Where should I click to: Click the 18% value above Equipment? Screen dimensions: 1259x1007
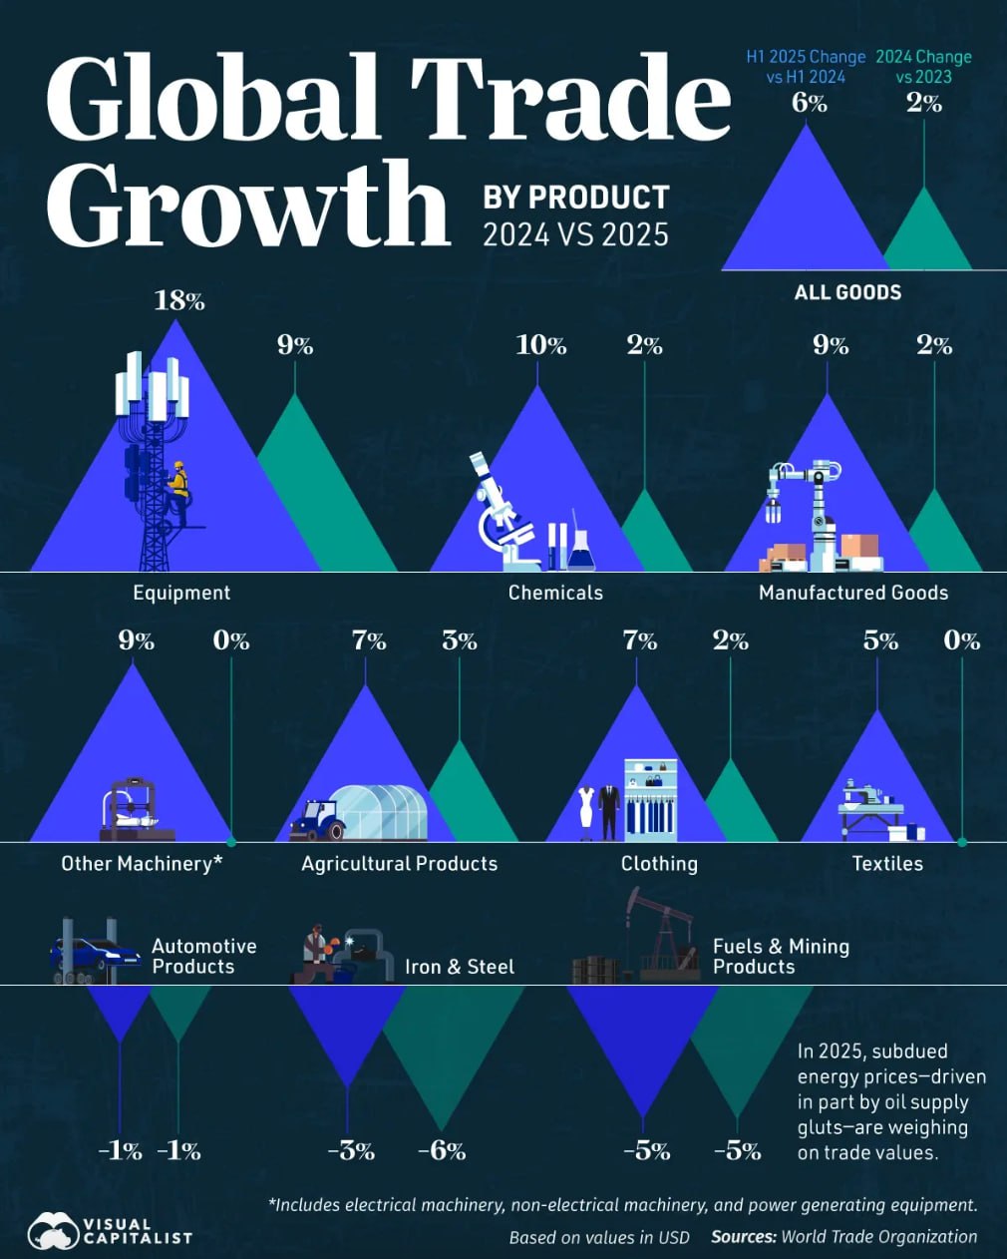pos(179,300)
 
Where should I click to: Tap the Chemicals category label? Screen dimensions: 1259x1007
pos(555,593)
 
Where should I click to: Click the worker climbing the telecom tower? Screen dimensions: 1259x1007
pos(179,489)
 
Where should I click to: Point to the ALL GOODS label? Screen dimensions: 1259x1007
pos(847,292)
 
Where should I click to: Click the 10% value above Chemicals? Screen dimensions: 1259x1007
pos(540,345)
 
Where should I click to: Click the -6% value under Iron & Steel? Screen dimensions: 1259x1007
pos(442,1150)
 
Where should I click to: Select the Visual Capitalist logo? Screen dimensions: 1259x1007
pos(110,1230)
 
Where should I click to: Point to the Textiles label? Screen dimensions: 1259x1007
pos(887,864)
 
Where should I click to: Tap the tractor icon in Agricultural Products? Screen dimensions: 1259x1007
pos(317,820)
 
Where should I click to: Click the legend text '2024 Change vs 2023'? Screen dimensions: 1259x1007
pos(923,67)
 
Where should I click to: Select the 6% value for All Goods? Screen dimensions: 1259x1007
pos(809,103)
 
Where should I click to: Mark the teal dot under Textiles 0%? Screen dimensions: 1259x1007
pos(962,842)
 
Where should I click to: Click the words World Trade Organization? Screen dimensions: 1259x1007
pos(878,1236)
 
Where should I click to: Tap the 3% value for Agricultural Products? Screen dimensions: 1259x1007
pos(459,640)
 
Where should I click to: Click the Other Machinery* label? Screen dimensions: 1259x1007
pos(142,864)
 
